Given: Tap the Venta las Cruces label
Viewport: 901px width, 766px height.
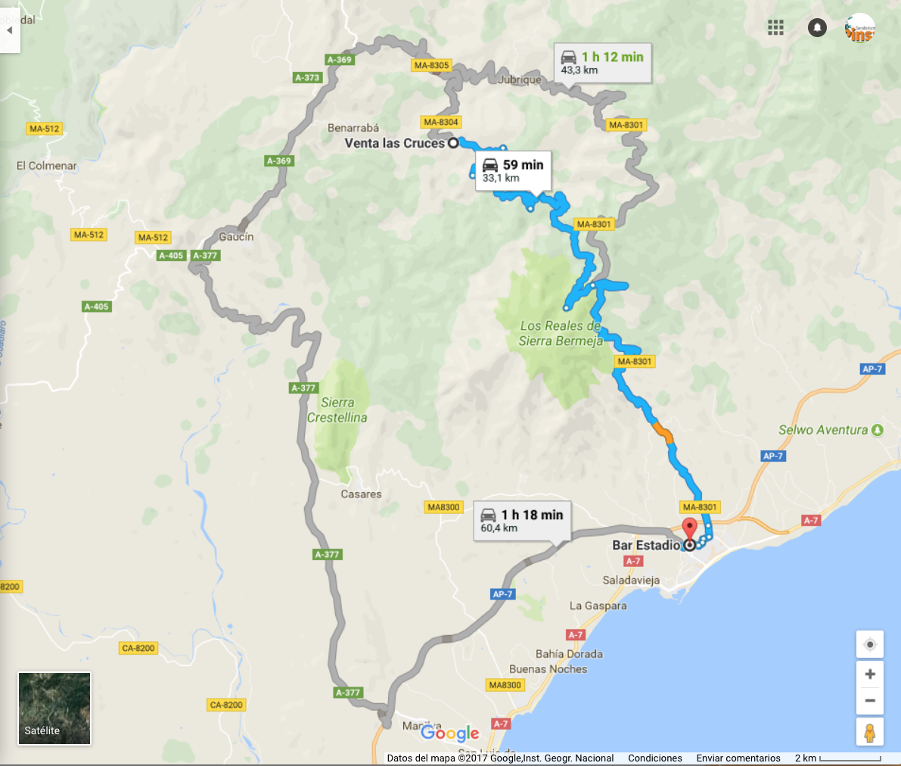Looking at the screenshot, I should click(394, 143).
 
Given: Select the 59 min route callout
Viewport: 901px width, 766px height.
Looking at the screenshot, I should click(513, 171).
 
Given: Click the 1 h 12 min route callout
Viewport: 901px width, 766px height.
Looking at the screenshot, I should click(602, 63).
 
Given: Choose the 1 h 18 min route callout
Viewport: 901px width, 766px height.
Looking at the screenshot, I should click(522, 521).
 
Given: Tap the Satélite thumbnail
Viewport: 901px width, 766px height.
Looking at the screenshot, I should click(54, 708).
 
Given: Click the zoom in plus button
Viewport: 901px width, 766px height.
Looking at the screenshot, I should click(870, 674).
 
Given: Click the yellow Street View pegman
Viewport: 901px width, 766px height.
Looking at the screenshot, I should click(870, 732).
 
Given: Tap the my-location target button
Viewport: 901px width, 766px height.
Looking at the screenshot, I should click(870, 644).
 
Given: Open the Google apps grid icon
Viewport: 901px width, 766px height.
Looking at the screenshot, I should click(775, 28).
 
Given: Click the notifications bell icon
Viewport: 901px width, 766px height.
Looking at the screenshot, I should click(817, 28).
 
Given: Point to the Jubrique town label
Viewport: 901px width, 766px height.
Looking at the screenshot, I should click(520, 79).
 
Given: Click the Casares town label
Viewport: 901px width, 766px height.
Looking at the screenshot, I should click(361, 494).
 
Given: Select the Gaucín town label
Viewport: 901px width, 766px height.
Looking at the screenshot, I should click(236, 237).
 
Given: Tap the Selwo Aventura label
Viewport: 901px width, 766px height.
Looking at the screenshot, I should click(823, 430).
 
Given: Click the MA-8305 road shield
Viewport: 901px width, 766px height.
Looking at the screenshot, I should click(431, 65).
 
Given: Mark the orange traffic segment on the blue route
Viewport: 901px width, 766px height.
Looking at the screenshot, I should click(663, 433).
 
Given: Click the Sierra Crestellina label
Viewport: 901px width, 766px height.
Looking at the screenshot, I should click(337, 410).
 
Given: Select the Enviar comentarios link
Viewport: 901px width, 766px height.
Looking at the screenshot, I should click(738, 758).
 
